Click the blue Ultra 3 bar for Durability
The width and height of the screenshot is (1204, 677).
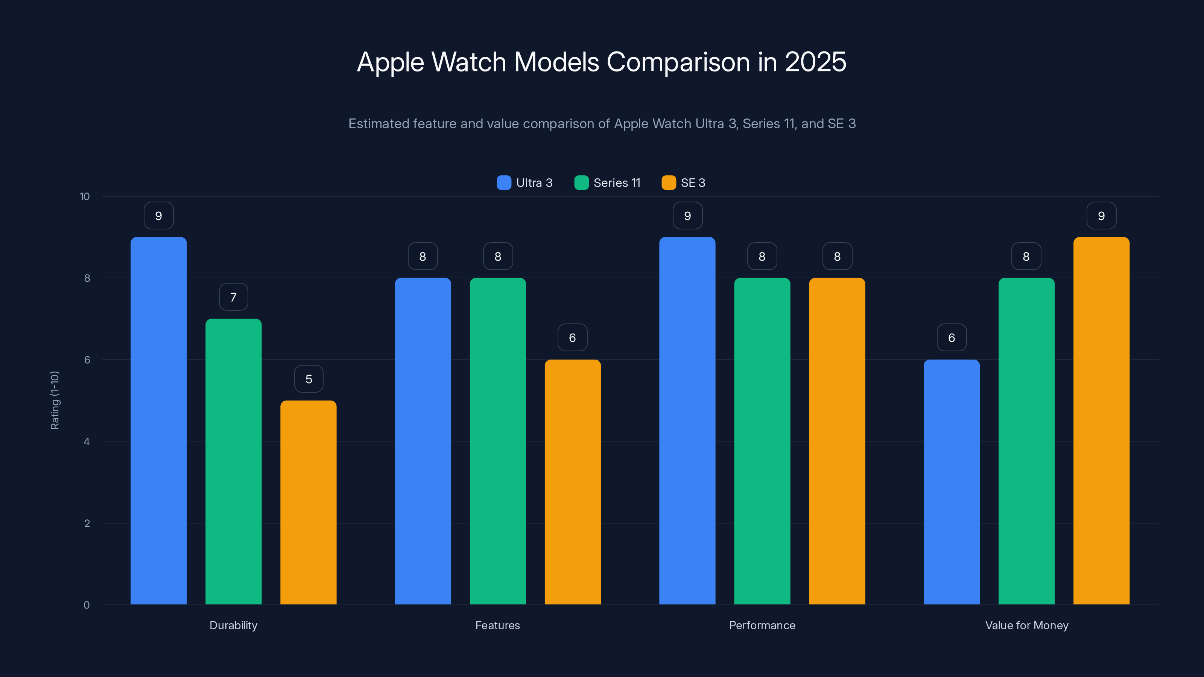[x=158, y=420]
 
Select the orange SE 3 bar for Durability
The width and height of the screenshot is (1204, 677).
[x=309, y=502]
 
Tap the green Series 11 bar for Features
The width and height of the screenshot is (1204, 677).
[x=498, y=441]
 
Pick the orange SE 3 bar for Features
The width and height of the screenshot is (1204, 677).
[x=573, y=482]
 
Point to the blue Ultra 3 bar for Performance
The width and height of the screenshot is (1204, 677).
[x=687, y=420]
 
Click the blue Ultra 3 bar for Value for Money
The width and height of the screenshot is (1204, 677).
[x=952, y=482]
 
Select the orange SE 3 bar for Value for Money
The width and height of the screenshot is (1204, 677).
[x=1101, y=420]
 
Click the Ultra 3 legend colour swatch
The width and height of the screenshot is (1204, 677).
[x=504, y=183]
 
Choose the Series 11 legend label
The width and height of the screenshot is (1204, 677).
[x=617, y=183]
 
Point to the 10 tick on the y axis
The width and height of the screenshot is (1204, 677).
[x=85, y=196]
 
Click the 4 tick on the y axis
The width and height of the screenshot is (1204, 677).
[x=87, y=442]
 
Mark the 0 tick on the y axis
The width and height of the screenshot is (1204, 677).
[x=87, y=605]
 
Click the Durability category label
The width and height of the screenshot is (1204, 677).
[x=233, y=625]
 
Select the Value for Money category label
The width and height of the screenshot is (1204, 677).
[x=1026, y=625]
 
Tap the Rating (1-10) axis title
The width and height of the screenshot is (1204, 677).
[x=55, y=400]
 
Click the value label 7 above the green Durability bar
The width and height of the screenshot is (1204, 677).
[x=233, y=297]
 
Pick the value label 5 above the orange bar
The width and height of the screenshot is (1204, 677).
[x=309, y=379]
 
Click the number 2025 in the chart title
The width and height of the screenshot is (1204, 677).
[x=815, y=62]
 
